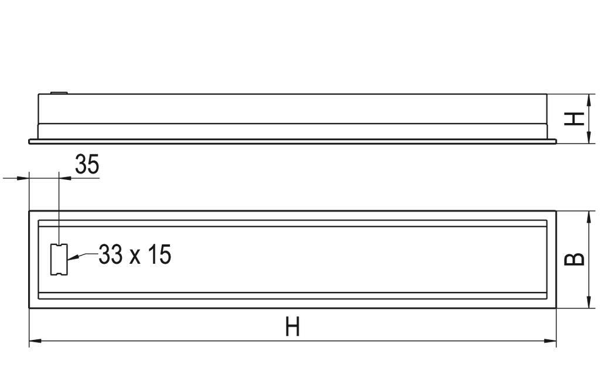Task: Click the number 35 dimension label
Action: click(x=87, y=164)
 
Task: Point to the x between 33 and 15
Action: click(x=135, y=257)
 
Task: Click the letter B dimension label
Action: click(x=574, y=259)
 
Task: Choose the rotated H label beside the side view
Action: click(x=574, y=118)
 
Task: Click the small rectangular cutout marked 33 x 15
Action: click(x=59, y=260)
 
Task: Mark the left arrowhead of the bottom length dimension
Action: click(x=35, y=340)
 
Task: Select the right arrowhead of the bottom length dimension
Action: click(x=550, y=340)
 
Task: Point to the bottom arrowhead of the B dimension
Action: click(x=589, y=302)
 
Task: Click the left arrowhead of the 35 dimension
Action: click(x=23, y=178)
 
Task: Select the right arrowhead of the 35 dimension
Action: click(x=65, y=178)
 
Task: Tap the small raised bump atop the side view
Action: click(x=59, y=93)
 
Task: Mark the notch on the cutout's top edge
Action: click(x=59, y=245)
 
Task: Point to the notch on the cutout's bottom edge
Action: click(x=59, y=274)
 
